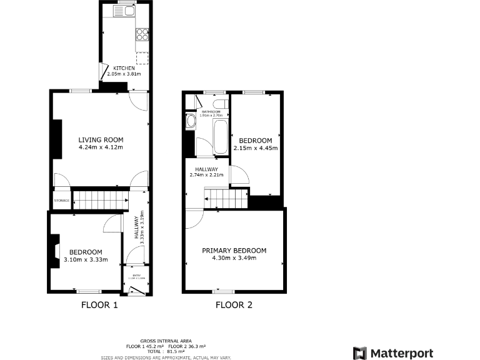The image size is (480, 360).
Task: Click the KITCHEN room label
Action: click(x=124, y=68)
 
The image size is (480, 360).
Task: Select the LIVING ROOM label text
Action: click(x=101, y=139)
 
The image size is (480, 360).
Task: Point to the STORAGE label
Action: click(x=61, y=201)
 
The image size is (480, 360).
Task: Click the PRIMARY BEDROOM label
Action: click(x=234, y=251)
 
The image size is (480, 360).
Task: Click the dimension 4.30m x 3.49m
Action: click(x=234, y=257)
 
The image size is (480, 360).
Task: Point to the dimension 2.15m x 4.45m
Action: click(x=254, y=148)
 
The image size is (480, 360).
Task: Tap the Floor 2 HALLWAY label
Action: click(x=206, y=169)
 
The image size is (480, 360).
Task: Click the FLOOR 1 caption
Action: click(x=99, y=306)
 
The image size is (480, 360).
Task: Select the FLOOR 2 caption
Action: click(x=234, y=306)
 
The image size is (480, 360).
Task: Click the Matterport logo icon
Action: click(x=360, y=353)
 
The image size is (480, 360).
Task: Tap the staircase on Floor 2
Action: click(x=225, y=199)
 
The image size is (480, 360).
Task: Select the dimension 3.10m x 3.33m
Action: click(x=86, y=259)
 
